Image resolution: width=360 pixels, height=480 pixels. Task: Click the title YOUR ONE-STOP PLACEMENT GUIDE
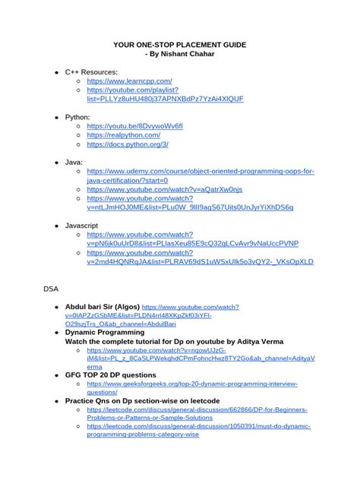point(179,46)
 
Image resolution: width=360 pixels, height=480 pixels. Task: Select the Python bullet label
point(78,117)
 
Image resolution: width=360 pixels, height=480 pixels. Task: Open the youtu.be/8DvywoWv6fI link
point(134,126)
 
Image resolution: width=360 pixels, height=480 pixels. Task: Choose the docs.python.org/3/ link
point(128,144)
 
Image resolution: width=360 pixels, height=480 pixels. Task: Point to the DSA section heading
point(50,289)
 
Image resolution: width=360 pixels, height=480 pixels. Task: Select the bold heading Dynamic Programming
point(104,333)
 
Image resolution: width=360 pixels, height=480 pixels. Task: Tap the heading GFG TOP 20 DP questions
point(110,374)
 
